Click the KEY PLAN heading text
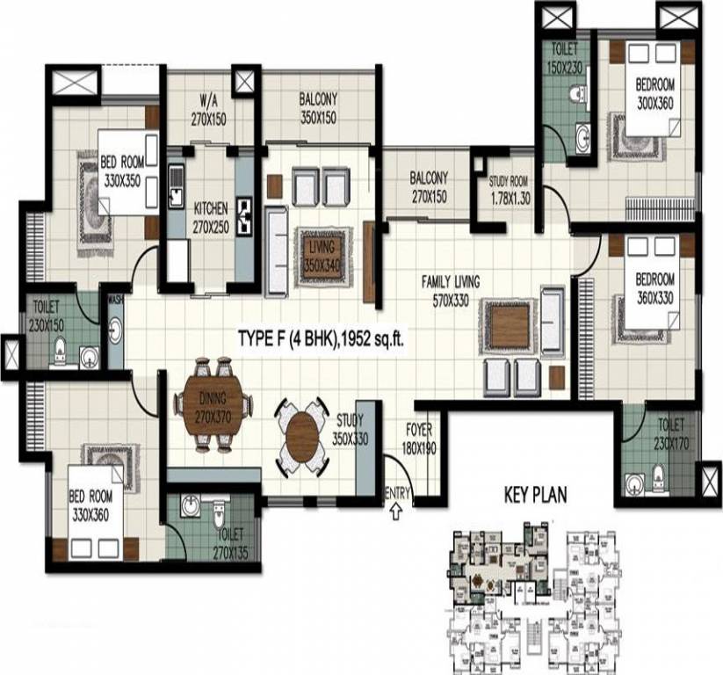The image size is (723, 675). pyautogui.click(x=535, y=495)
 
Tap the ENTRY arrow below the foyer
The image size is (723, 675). pyautogui.click(x=396, y=507)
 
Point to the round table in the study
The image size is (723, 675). pyautogui.click(x=301, y=434)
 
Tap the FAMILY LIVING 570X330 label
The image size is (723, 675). pyautogui.click(x=450, y=290)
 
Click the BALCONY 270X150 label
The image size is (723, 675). pyautogui.click(x=429, y=187)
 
